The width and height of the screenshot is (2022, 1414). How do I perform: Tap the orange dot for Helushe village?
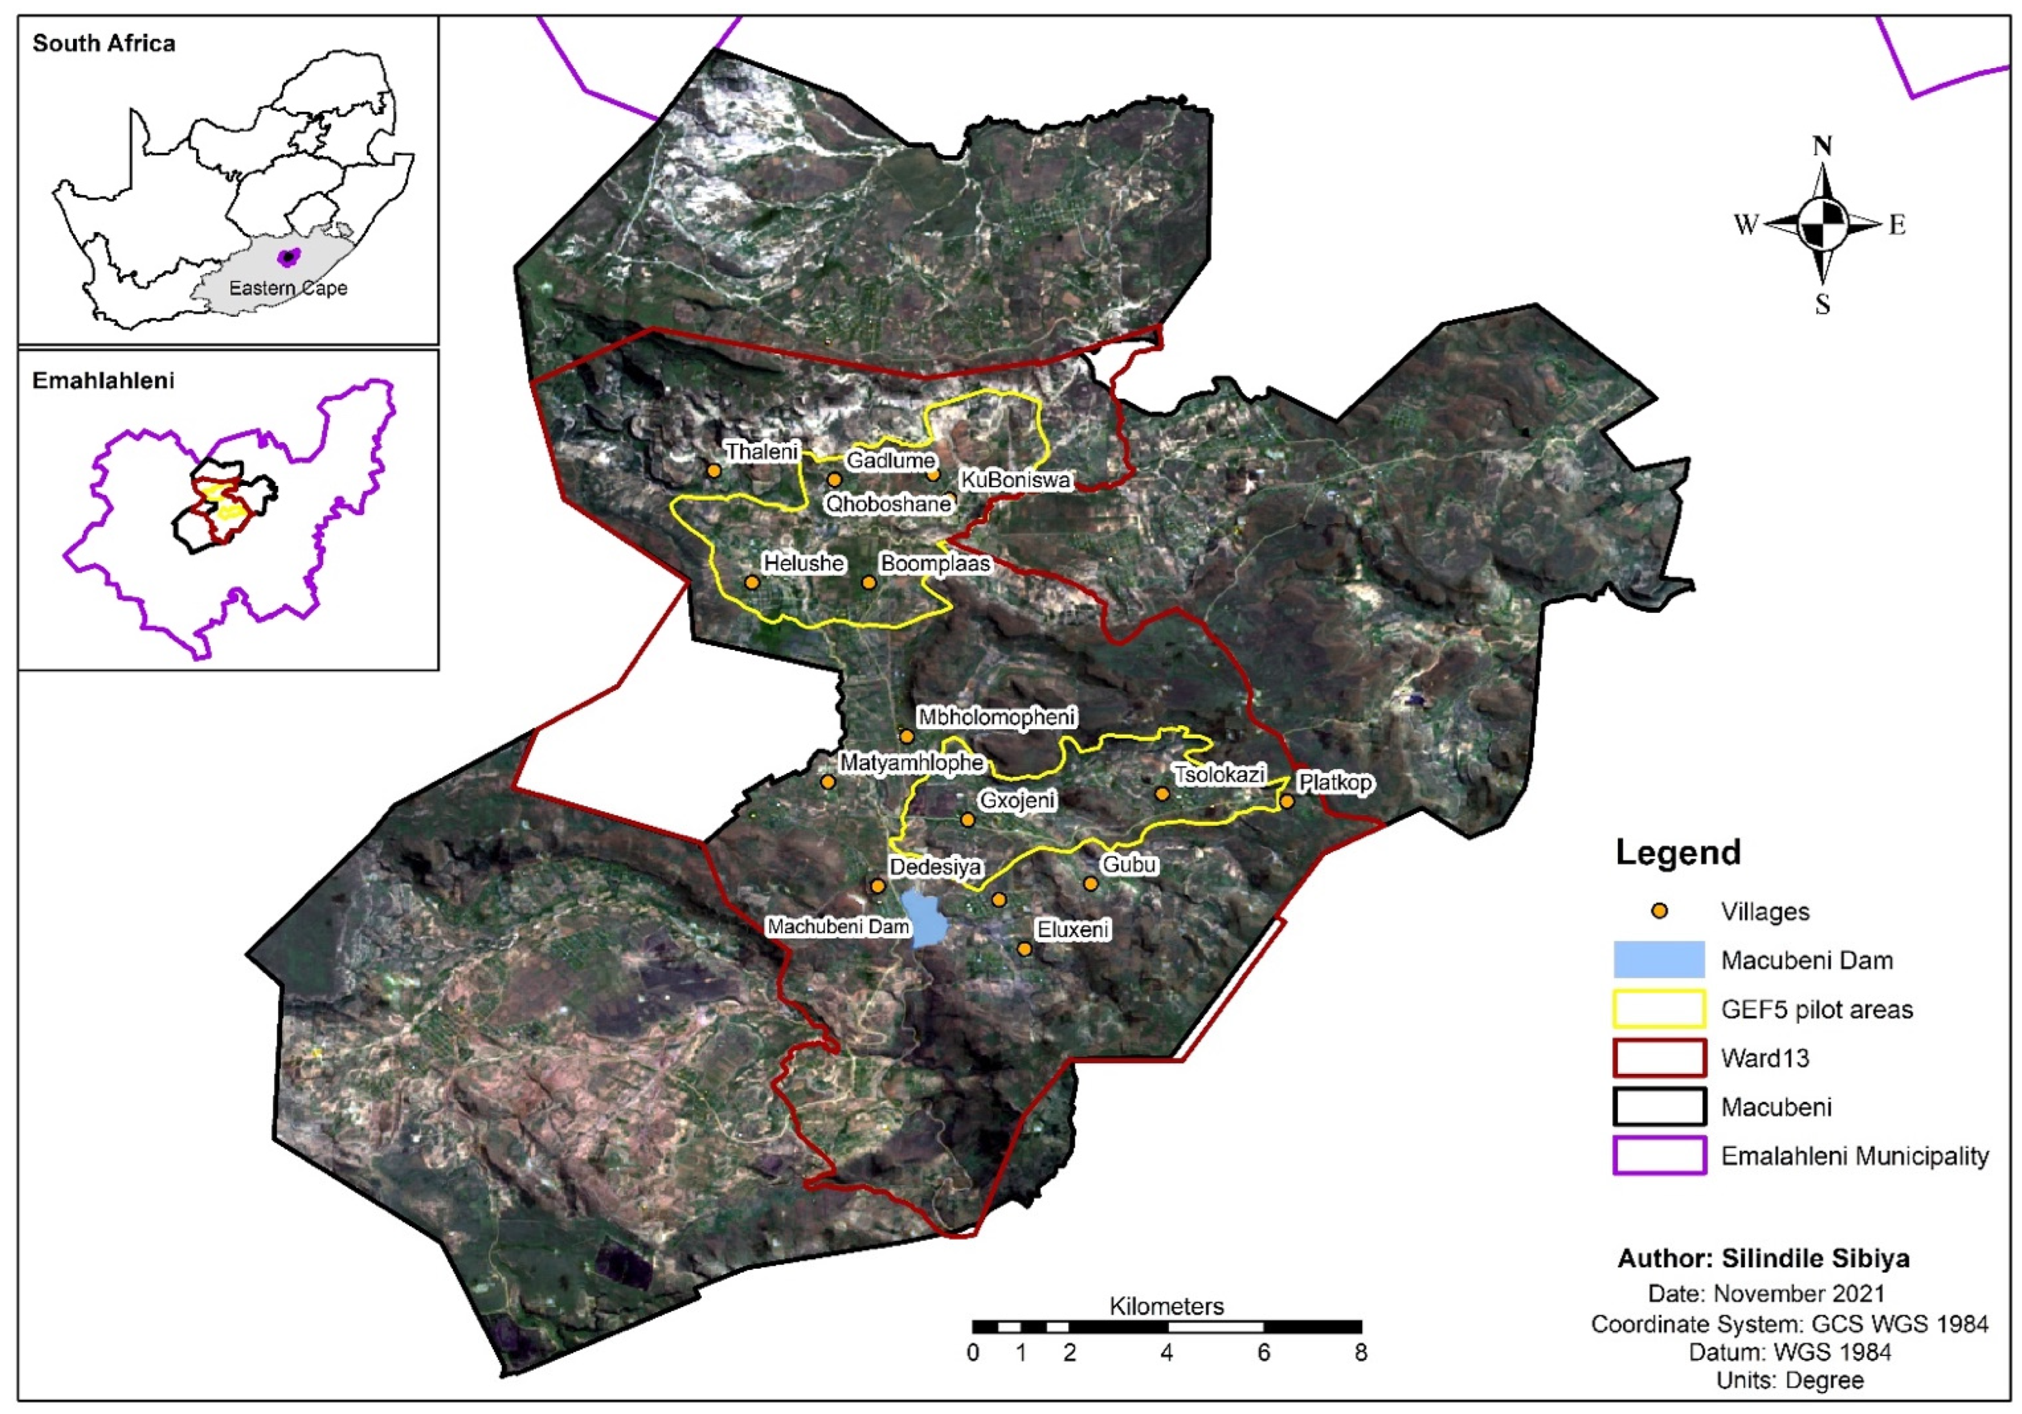click(751, 582)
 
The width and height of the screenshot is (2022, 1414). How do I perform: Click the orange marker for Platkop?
click(1287, 801)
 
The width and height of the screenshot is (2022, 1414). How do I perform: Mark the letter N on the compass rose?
click(1822, 146)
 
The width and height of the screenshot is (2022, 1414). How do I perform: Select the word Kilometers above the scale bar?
click(1166, 1306)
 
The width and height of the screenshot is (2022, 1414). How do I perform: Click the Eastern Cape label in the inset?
click(288, 288)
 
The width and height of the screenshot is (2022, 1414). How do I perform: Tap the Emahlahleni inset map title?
click(103, 381)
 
